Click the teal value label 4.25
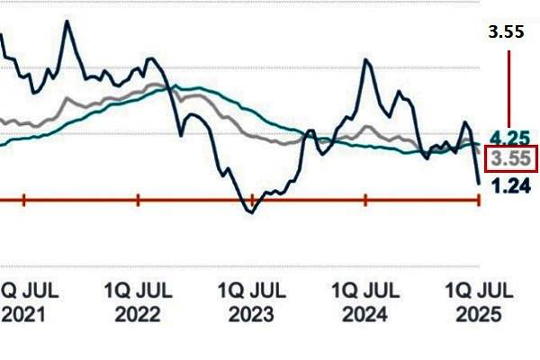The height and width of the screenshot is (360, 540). (x=508, y=139)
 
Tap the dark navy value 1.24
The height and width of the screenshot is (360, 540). (x=508, y=185)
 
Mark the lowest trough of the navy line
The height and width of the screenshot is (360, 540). (x=251, y=211)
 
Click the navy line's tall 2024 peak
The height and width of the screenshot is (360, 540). (x=367, y=60)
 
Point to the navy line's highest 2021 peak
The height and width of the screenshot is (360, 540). (x=67, y=21)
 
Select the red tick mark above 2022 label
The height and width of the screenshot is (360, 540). (x=138, y=200)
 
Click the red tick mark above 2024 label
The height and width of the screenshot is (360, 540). (x=364, y=200)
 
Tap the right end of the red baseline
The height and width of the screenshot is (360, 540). (x=479, y=200)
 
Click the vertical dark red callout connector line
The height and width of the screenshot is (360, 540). (x=509, y=90)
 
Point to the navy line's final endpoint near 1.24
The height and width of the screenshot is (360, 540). (x=478, y=184)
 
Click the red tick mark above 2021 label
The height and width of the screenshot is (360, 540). (x=23, y=200)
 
